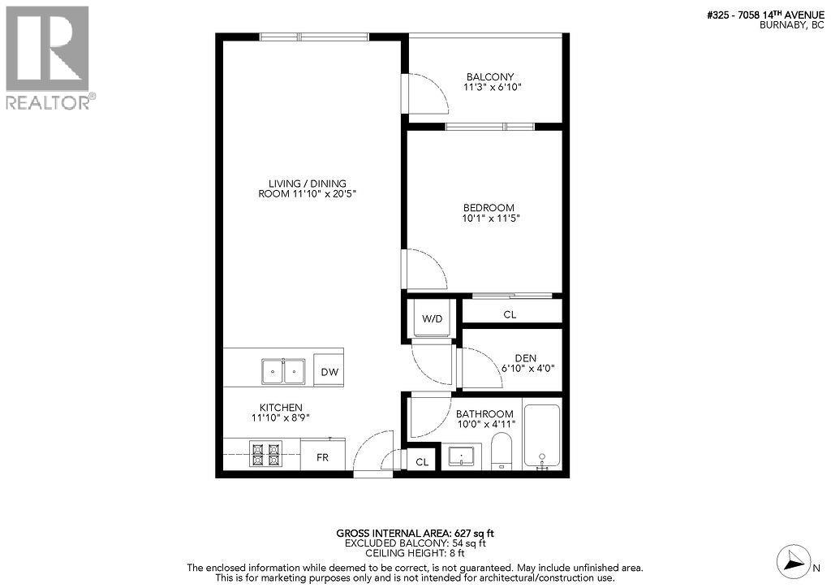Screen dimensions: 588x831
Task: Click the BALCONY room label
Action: click(489, 77)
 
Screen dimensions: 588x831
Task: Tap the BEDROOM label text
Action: click(489, 208)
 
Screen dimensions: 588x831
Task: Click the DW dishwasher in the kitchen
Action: click(329, 372)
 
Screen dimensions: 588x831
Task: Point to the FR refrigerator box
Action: click(323, 457)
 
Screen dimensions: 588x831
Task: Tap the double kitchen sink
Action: click(282, 371)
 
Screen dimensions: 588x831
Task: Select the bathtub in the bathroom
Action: click(541, 436)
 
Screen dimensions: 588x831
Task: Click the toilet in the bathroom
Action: click(502, 452)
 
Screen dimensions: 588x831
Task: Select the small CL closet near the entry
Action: click(422, 461)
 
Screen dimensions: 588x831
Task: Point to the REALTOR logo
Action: click(48, 58)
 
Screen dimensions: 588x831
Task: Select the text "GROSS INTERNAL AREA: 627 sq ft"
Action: click(415, 534)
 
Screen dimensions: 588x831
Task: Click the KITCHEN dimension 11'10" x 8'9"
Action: click(281, 417)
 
